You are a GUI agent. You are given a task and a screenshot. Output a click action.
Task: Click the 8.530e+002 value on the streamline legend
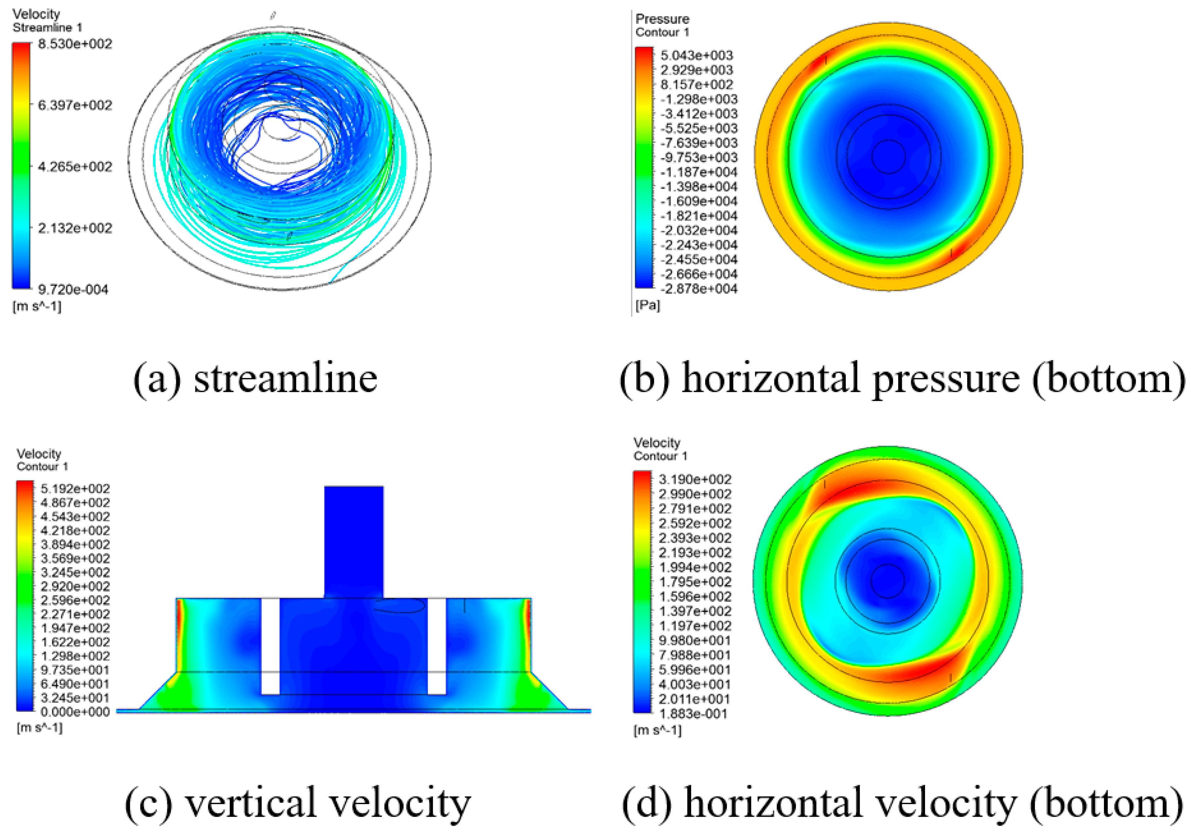coord(75,44)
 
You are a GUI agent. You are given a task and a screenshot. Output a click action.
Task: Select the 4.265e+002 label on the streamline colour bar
coord(75,167)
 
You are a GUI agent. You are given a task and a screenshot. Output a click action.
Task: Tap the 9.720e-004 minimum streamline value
coord(73,290)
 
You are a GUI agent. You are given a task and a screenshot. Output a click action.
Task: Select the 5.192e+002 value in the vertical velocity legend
coord(75,489)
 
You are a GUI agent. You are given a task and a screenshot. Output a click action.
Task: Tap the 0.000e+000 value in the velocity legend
coord(75,711)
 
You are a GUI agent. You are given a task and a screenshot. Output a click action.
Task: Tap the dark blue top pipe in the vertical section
coord(354,540)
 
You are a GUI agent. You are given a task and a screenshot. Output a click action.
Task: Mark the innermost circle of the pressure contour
coord(889,156)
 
